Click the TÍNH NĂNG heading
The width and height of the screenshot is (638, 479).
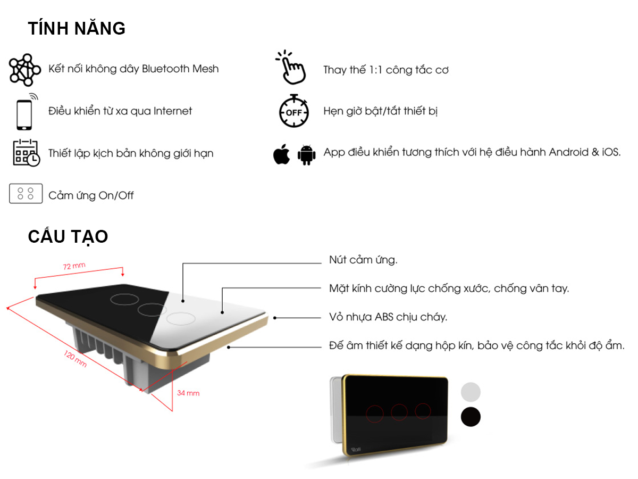point(77,28)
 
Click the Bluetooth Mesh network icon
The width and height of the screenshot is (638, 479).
point(25,70)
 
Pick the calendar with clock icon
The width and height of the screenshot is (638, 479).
point(26,153)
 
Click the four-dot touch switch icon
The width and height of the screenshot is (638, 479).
point(26,194)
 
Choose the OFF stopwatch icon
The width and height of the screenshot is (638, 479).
point(293,111)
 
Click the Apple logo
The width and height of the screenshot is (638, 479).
point(281,154)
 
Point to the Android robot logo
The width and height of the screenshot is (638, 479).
point(306,154)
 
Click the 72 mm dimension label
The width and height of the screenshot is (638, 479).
point(74,267)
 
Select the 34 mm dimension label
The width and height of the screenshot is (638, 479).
point(188,393)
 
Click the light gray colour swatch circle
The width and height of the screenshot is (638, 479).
point(471,392)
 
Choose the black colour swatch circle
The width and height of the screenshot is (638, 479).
point(471,417)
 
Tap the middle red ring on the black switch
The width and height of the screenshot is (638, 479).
point(399,412)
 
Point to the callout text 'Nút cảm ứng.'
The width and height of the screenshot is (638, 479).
point(363,260)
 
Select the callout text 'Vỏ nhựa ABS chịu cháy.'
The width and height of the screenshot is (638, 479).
point(388,317)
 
